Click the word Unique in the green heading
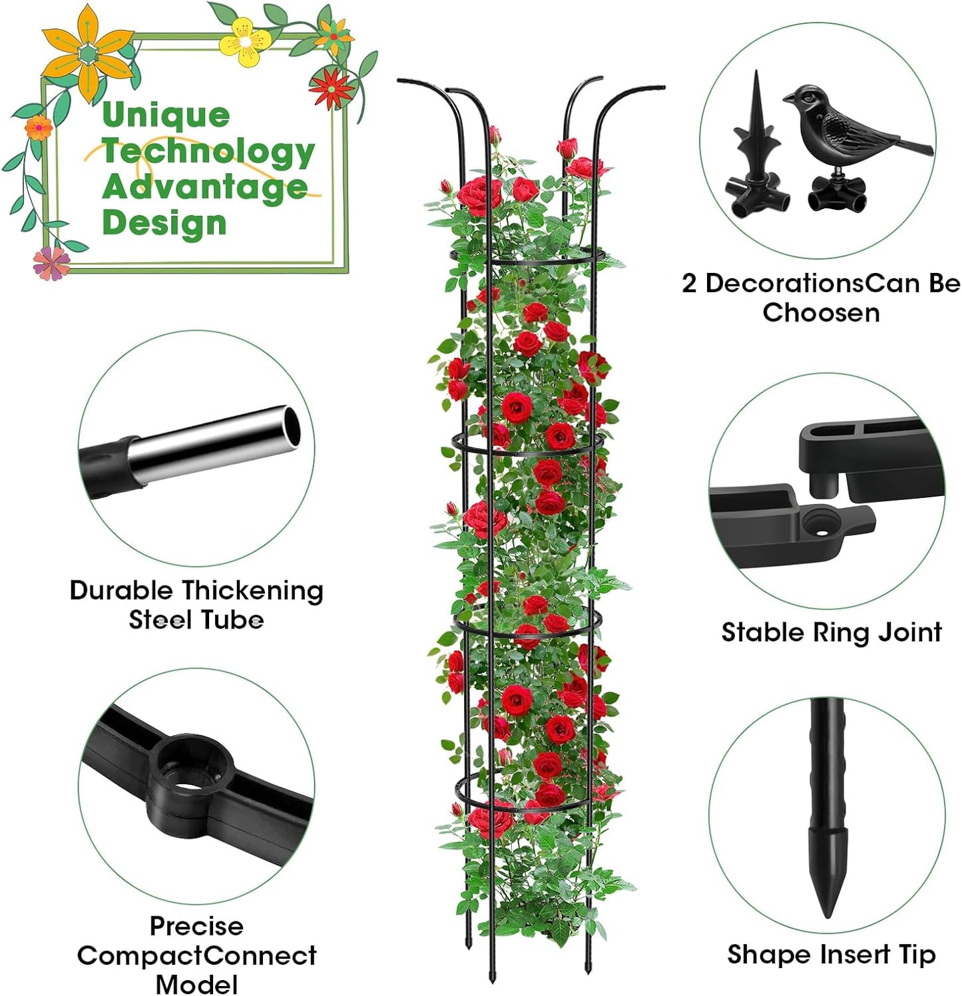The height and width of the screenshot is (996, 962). click(166, 115)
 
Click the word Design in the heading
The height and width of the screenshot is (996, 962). click(164, 222)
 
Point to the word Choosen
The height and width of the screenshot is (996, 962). click(821, 312)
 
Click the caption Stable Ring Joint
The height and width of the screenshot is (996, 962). click(831, 632)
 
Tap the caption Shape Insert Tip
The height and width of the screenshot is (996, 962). click(831, 954)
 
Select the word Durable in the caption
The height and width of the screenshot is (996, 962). click(121, 590)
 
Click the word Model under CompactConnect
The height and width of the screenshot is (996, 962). click(196, 983)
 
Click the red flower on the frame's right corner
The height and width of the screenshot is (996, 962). click(331, 87)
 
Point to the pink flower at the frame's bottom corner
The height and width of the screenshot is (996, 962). click(51, 262)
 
